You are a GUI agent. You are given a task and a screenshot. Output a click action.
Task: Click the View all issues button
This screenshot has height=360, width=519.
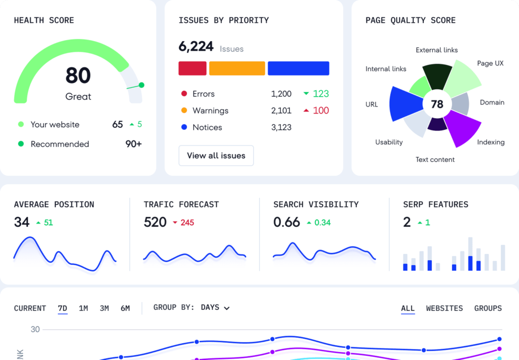[216, 156]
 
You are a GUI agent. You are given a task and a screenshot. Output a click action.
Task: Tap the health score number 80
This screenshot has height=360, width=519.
[78, 76]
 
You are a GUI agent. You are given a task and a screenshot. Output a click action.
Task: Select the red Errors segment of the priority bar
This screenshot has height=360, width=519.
[193, 68]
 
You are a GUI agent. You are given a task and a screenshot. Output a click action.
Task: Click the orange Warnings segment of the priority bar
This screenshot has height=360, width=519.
[237, 68]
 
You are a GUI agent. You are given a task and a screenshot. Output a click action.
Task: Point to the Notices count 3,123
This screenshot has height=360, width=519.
[281, 127]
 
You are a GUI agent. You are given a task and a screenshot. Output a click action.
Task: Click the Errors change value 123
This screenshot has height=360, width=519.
[320, 94]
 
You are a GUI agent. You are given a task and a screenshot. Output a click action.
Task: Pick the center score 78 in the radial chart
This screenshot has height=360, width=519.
[437, 104]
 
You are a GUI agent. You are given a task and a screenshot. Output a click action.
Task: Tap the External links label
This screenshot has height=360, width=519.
[436, 50]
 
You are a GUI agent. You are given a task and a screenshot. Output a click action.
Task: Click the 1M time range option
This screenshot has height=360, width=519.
[84, 308]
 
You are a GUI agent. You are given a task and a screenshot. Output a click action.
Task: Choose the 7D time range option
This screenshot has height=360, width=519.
[62, 308]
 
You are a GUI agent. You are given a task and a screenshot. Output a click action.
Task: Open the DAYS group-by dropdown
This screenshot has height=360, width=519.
[215, 308]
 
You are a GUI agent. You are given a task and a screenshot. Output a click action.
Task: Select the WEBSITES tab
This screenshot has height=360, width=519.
[444, 308]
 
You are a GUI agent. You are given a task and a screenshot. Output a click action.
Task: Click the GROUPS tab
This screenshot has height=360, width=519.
[488, 308]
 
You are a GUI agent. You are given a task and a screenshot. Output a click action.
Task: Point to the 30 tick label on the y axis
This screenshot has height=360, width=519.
[35, 330]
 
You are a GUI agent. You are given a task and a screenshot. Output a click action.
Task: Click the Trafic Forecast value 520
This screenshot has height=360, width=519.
[155, 222]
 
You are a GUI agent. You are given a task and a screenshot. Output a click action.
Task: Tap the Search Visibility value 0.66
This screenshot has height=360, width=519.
[286, 222]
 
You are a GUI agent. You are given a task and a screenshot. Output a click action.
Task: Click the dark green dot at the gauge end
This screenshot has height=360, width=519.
[141, 85]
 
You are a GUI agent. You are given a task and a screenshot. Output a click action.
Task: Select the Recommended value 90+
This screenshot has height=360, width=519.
[134, 144]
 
